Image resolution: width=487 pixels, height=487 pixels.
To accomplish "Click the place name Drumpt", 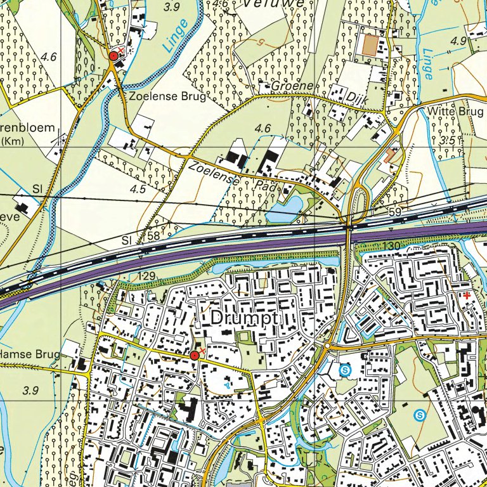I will click(x=242, y=316).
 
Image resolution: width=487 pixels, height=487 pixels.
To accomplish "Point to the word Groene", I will click(x=293, y=86).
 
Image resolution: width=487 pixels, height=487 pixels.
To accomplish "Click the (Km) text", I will click(x=11, y=141).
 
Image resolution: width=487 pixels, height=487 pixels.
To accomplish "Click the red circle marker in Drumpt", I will click(x=195, y=356).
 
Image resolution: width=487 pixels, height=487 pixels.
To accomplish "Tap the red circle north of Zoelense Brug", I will click(x=114, y=56).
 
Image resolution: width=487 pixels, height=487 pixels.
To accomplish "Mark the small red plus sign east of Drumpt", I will click(x=467, y=295).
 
